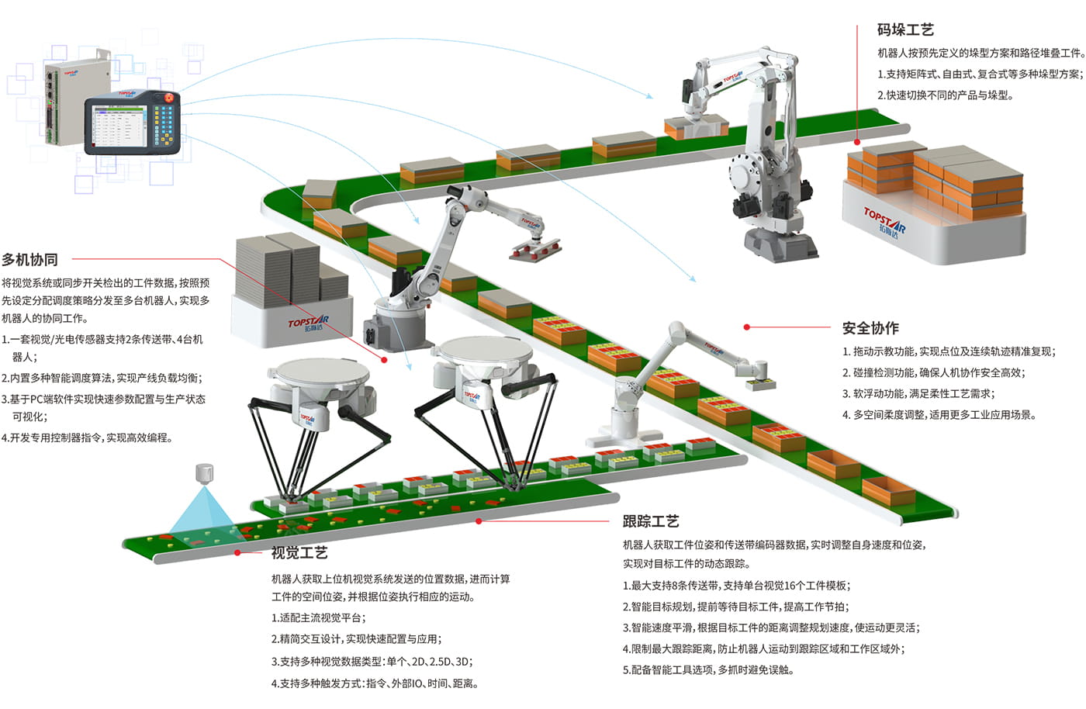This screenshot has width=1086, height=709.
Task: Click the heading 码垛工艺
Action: point(905,30)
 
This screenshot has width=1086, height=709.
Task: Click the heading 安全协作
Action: point(870,328)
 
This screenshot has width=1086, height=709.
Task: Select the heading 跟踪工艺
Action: point(651,521)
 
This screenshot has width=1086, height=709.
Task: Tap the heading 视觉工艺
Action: point(299,552)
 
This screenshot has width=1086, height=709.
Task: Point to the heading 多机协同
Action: point(30,260)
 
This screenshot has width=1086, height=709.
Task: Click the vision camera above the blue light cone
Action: point(204,473)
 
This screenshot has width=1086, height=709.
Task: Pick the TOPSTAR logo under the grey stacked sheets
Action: point(308,323)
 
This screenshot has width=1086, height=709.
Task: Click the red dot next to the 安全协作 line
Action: point(747,327)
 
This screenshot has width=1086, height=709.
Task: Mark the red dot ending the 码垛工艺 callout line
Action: point(857,142)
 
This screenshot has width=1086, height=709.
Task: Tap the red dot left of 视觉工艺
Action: point(237,552)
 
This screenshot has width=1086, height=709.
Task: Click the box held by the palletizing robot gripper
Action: point(697,127)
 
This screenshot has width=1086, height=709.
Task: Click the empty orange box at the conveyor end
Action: point(888,489)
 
